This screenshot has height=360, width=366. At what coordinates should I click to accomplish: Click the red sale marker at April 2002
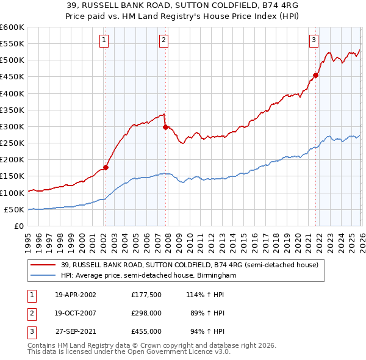pyautogui.click(x=106, y=167)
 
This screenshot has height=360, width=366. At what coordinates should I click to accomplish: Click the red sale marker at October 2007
pyautogui.click(x=165, y=127)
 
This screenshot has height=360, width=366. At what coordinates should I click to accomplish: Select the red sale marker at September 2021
pyautogui.click(x=315, y=76)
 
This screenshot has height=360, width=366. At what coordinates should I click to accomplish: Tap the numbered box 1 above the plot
pyautogui.click(x=105, y=41)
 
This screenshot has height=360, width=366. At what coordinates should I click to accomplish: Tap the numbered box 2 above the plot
pyautogui.click(x=164, y=41)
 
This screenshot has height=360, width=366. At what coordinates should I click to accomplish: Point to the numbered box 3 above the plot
pyautogui.click(x=314, y=41)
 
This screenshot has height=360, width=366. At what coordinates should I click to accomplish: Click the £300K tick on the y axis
pyautogui.click(x=12, y=127)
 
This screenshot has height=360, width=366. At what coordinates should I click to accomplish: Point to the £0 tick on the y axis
pyautogui.click(x=18, y=226)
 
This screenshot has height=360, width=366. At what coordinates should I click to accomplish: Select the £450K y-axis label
pyautogui.click(x=12, y=77)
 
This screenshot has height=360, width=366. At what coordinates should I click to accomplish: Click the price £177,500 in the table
pyautogui.click(x=146, y=294)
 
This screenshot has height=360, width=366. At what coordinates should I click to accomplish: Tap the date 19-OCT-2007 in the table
pyautogui.click(x=76, y=313)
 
